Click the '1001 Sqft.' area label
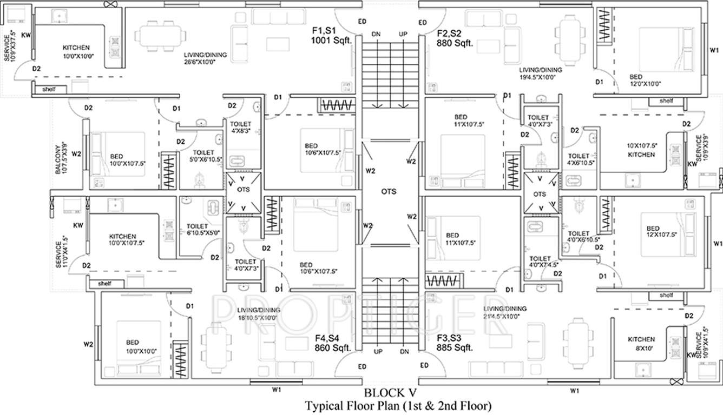pos(331,41)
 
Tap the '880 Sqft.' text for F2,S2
pos(455,43)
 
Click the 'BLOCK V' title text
pos(390,393)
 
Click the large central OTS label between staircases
pos(389,192)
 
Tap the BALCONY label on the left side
pos(61,158)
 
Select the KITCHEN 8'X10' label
pos(641,344)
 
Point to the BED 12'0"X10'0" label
pos(645,81)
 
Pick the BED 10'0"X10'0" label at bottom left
pos(133,346)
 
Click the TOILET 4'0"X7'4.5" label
pos(540,262)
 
